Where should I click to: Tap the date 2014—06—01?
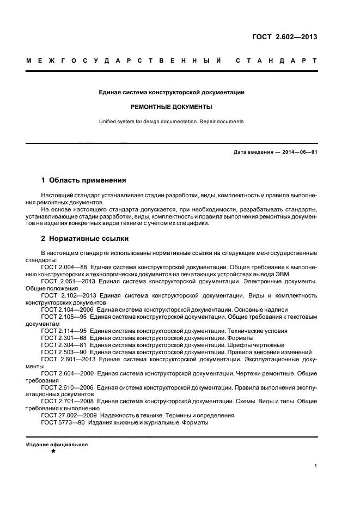click(x=300, y=152)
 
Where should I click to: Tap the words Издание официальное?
click(x=57, y=445)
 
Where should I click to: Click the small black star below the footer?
click(x=53, y=452)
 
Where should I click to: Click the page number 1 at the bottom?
click(x=315, y=465)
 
